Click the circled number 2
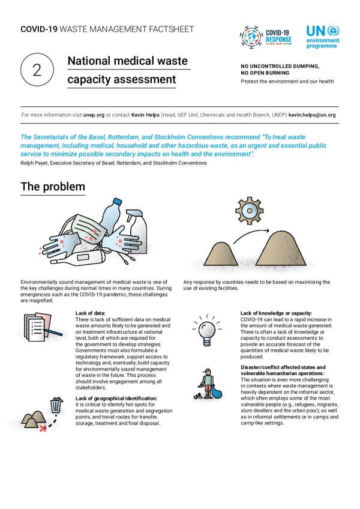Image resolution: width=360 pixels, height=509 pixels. (x=37, y=70)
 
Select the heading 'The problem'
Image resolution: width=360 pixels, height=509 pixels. (x=53, y=187)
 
